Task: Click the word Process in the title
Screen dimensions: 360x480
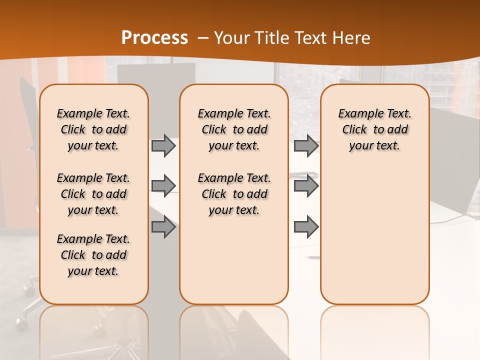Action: [154, 37]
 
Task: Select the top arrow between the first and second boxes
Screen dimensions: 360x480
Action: [163, 145]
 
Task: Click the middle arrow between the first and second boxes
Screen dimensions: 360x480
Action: [163, 186]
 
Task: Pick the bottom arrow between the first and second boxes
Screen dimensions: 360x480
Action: [163, 227]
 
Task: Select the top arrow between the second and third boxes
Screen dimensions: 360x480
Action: [306, 145]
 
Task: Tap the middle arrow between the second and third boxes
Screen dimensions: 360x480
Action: [306, 186]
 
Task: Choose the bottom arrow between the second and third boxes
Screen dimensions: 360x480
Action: [306, 227]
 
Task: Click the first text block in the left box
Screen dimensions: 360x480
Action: [93, 129]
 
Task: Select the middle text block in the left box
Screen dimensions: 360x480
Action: [93, 194]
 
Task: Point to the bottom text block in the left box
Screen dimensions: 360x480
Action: [93, 255]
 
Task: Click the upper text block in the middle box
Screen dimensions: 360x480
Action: [234, 129]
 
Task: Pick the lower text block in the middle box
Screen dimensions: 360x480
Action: [234, 194]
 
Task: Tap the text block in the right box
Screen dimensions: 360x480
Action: [374, 129]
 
